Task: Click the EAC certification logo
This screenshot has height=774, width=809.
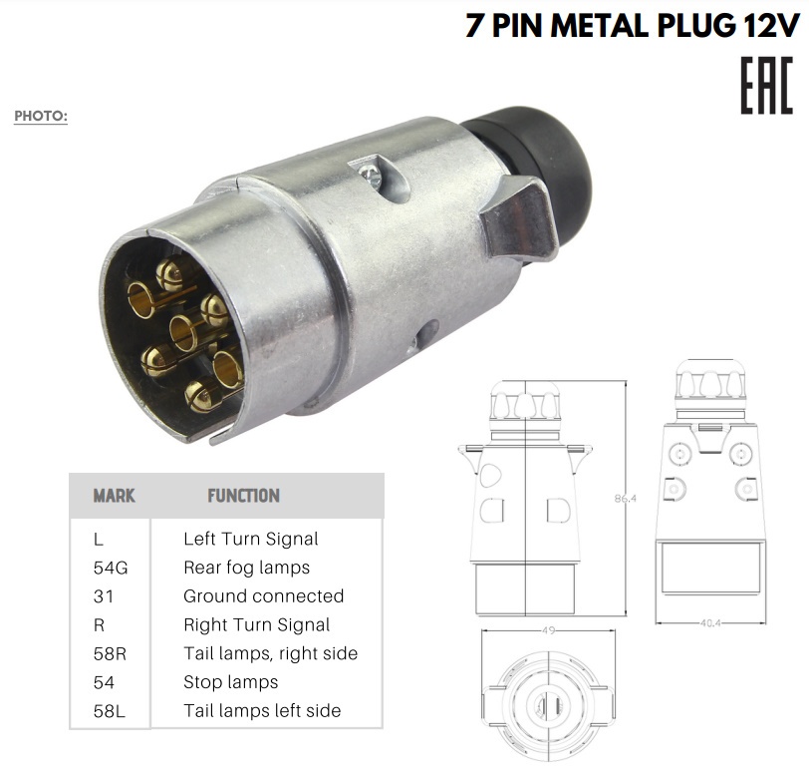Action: pos(767,85)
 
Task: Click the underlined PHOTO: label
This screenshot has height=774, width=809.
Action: pos(41,116)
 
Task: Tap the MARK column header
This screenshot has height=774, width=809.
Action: pos(114,496)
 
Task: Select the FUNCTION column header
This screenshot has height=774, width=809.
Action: pos(243,496)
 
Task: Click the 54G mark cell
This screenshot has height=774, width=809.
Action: pos(111,568)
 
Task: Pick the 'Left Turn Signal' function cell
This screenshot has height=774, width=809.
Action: pos(251,539)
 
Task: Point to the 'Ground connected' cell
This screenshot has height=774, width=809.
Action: pos(264,596)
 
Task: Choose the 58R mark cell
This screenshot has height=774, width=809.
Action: pos(110,654)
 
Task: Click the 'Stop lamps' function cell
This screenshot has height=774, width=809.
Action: pos(230,682)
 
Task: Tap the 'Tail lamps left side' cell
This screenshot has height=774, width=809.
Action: pos(262,711)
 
